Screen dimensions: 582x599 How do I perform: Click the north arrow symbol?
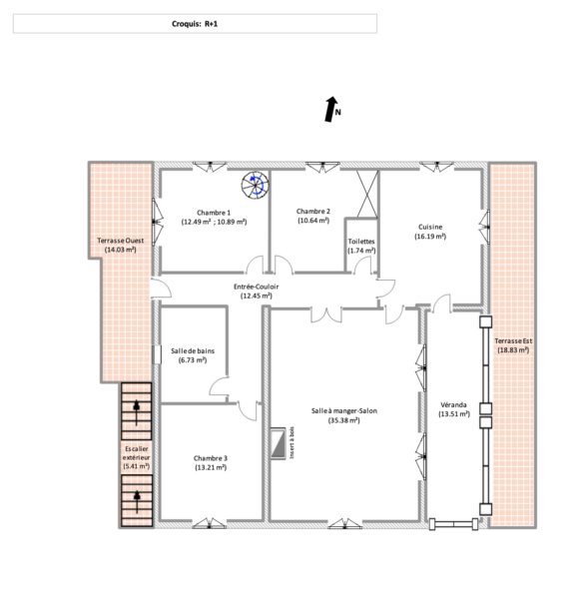[331, 109]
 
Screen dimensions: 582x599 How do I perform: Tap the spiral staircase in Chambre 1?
[255, 186]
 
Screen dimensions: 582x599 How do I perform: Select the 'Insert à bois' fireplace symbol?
[278, 443]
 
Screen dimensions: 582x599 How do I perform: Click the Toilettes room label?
[361, 242]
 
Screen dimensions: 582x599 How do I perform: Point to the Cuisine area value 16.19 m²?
[430, 237]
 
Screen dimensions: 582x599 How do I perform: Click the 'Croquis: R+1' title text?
[195, 24]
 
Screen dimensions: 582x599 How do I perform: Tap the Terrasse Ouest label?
[121, 241]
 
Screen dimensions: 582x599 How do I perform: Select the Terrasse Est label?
[513, 340]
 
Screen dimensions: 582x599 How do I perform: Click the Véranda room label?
[453, 404]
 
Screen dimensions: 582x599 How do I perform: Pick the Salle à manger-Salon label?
[344, 411]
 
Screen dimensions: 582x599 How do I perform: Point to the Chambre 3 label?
[211, 458]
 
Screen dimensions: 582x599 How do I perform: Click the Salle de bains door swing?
[220, 386]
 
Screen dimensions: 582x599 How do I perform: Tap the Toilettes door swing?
[362, 266]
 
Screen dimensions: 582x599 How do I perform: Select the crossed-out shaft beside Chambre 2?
[367, 194]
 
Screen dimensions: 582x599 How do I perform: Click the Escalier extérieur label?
[137, 457]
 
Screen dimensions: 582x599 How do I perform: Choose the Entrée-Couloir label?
[257, 287]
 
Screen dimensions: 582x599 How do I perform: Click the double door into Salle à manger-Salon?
[326, 314]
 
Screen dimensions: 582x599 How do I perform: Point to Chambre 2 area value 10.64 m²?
[313, 221]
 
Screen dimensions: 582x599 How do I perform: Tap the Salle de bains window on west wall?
[156, 354]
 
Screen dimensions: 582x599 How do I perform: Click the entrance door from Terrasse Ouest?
[161, 289]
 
